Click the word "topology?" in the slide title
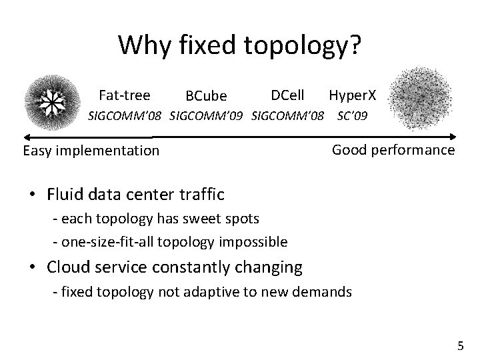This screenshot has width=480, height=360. coord(304,45)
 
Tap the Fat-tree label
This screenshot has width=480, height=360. coord(124,95)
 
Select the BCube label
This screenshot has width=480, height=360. coord(206,98)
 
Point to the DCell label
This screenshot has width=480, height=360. coord(288,95)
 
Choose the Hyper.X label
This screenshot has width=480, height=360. coord(353,96)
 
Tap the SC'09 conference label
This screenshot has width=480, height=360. coord(353,116)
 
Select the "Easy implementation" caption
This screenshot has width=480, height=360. coord(91,151)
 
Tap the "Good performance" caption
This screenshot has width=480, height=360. coord(393,150)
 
